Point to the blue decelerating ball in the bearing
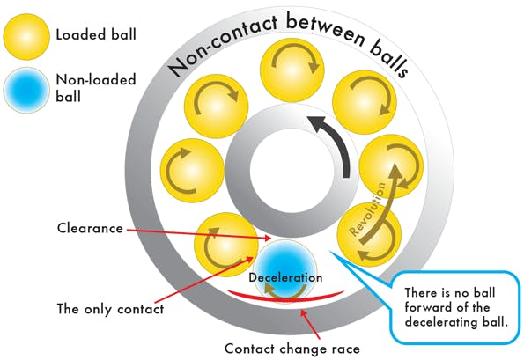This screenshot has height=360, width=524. [x=284, y=265]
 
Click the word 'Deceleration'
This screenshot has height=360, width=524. [x=284, y=277]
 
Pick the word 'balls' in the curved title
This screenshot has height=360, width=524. [x=384, y=61]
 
